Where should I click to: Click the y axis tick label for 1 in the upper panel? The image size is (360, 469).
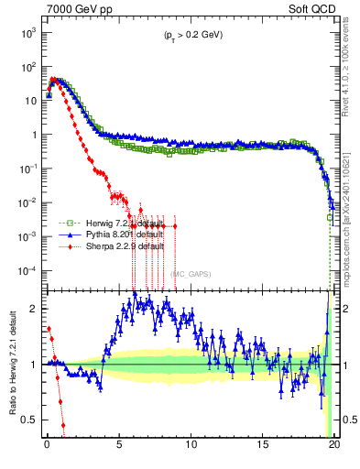coord(32,135)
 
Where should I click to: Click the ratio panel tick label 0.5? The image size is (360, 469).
coord(29,420)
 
